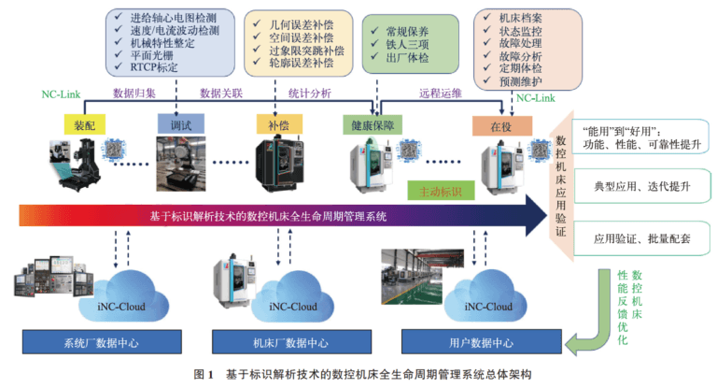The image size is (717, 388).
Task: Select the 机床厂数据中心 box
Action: coord(284,343)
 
